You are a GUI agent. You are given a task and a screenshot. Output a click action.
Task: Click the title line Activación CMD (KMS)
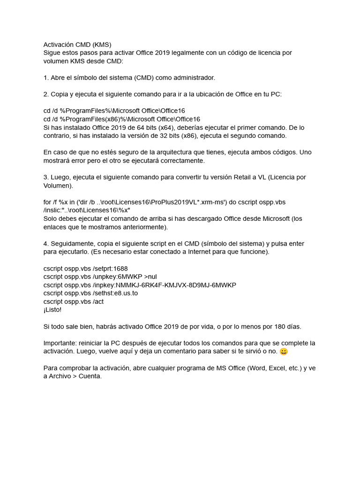(77, 45)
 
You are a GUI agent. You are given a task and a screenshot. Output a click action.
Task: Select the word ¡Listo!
(52, 310)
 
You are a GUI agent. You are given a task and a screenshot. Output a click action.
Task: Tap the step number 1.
(46, 77)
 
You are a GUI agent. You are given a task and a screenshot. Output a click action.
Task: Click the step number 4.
(46, 244)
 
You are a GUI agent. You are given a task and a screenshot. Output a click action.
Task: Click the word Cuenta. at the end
(90, 376)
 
